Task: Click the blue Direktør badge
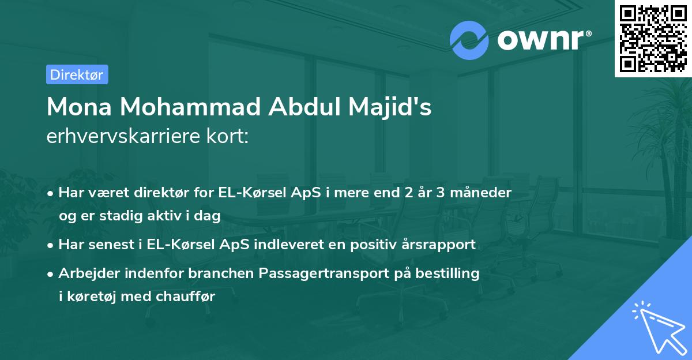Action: [77, 74]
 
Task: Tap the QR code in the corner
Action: [652, 38]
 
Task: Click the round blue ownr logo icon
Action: [469, 39]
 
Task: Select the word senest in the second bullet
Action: [113, 244]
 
